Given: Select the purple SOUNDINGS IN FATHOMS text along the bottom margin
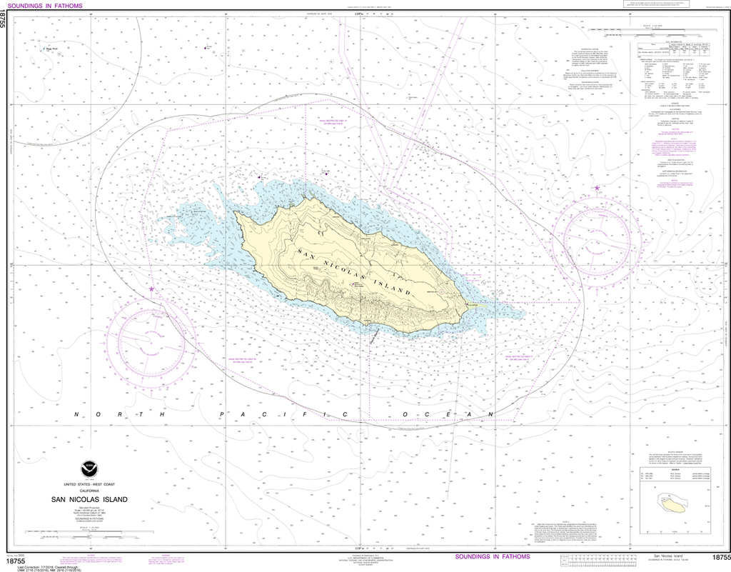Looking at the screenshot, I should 493,556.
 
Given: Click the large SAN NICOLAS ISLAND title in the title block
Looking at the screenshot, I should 89,499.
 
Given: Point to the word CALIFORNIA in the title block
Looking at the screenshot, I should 89,492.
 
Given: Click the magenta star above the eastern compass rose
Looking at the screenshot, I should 597,188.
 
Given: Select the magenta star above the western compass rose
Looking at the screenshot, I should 151,288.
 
